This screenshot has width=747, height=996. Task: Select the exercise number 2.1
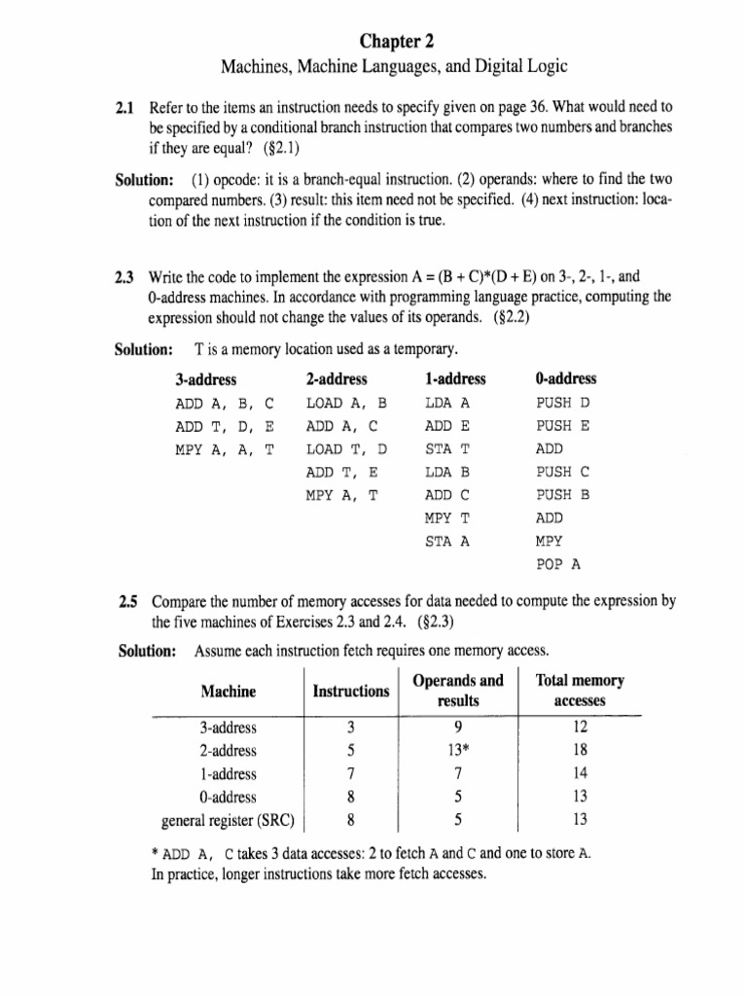(x=125, y=106)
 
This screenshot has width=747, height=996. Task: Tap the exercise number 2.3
(x=125, y=277)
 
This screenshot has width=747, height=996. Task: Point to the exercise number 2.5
(x=125, y=601)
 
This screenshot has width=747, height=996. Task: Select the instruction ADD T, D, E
(x=224, y=425)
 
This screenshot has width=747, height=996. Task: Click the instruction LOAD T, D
(x=346, y=448)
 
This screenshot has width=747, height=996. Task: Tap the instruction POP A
(x=557, y=564)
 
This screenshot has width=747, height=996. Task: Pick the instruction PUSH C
(x=563, y=472)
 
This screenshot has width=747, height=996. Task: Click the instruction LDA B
(x=447, y=472)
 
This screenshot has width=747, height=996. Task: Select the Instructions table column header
(x=350, y=692)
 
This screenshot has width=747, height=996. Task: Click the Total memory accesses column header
(x=580, y=691)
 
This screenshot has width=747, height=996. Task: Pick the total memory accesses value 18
(x=581, y=750)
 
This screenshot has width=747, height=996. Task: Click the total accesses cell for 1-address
(x=581, y=773)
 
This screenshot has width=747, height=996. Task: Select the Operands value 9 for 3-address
(x=457, y=727)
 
